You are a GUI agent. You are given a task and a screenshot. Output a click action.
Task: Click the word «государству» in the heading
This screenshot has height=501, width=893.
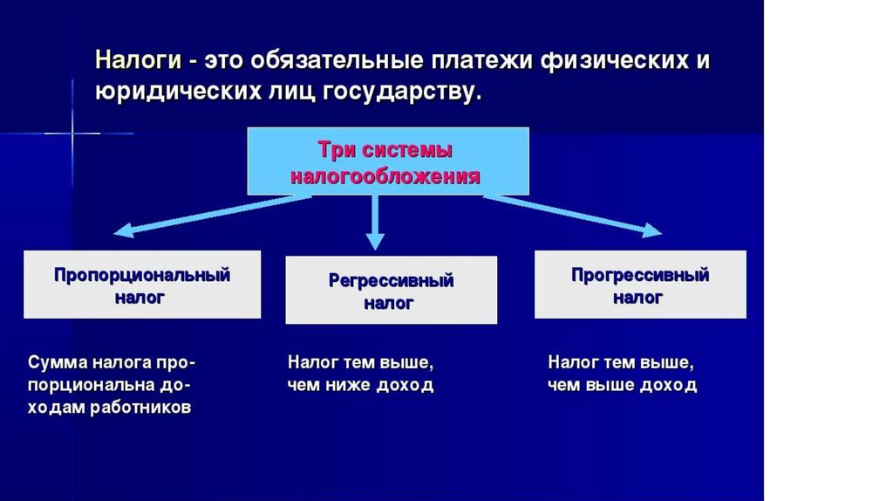click(402, 91)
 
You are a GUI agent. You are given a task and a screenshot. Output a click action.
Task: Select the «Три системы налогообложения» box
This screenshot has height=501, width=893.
click(388, 161)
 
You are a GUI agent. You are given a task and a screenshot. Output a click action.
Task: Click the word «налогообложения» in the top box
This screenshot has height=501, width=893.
click(385, 175)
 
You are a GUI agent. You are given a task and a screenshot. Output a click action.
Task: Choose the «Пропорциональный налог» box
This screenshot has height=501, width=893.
click(142, 285)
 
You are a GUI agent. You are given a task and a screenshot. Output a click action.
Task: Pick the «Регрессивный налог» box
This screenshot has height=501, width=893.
click(391, 290)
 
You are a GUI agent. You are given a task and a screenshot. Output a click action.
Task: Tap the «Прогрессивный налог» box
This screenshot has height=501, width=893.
click(640, 285)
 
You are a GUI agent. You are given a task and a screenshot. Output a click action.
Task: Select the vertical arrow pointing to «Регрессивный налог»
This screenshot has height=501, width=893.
click(375, 223)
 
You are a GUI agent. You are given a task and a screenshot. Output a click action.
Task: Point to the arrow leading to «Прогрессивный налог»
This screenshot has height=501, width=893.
click(576, 215)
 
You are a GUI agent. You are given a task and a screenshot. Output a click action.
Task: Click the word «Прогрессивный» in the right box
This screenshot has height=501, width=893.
click(640, 276)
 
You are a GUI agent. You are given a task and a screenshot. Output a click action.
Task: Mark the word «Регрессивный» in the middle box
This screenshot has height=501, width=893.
click(391, 281)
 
